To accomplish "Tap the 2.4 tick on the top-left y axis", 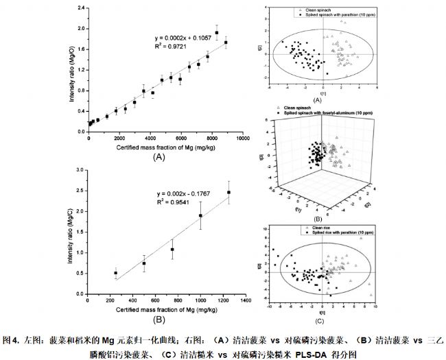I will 80,8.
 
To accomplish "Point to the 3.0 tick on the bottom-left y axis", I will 80,169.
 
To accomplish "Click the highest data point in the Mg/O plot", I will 216,33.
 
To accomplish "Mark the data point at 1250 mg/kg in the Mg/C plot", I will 228,192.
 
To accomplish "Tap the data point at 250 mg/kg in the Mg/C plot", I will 115,273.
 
